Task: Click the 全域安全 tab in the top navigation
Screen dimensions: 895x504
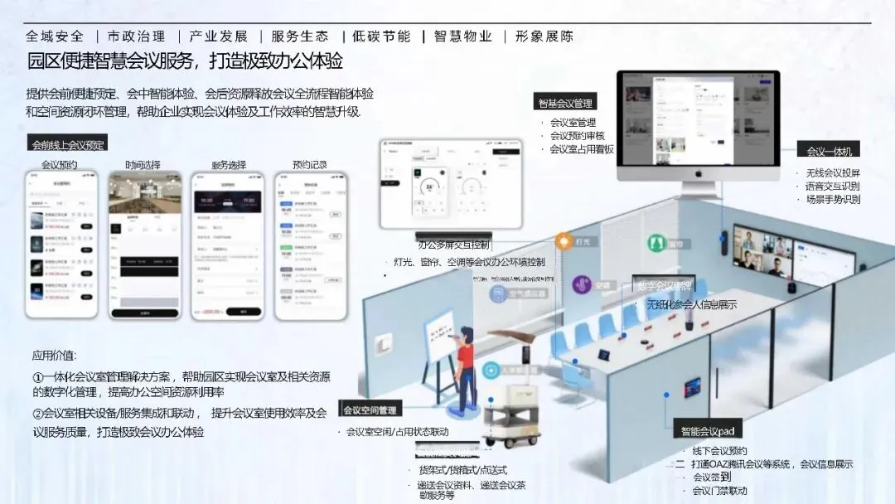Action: click(55, 36)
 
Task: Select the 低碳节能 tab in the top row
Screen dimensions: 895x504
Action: click(381, 36)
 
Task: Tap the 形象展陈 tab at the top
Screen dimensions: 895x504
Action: click(544, 36)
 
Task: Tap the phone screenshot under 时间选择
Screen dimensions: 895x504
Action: click(144, 245)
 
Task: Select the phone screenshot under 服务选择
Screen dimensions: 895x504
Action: click(226, 245)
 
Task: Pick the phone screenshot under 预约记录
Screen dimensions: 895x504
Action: click(311, 245)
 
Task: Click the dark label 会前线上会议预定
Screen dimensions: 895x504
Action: click(68, 144)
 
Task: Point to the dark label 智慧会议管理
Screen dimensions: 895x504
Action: click(565, 104)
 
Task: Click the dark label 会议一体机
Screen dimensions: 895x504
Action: click(829, 151)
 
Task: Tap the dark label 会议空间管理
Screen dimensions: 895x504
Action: click(370, 409)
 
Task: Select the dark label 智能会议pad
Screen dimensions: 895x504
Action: click(707, 431)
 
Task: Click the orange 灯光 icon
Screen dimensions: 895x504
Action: click(564, 241)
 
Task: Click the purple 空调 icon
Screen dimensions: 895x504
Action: click(582, 285)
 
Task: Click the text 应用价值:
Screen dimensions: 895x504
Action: click(54, 356)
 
